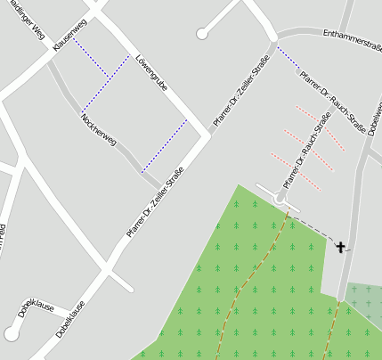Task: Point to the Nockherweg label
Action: tap(98, 129)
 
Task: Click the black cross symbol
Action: tap(340, 245)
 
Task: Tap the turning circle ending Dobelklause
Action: tap(12, 334)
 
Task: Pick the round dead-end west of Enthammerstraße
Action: tap(202, 34)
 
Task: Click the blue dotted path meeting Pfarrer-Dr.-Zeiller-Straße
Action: tap(165, 144)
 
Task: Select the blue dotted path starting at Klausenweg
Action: tap(91, 58)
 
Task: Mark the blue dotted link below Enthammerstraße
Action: tap(287, 58)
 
